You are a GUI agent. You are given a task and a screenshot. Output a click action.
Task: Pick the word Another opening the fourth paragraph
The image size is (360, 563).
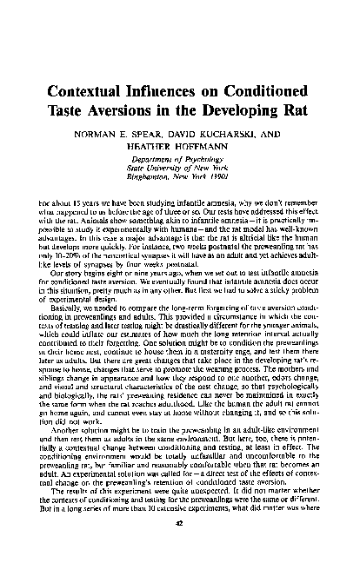pyautogui.click(x=70, y=431)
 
